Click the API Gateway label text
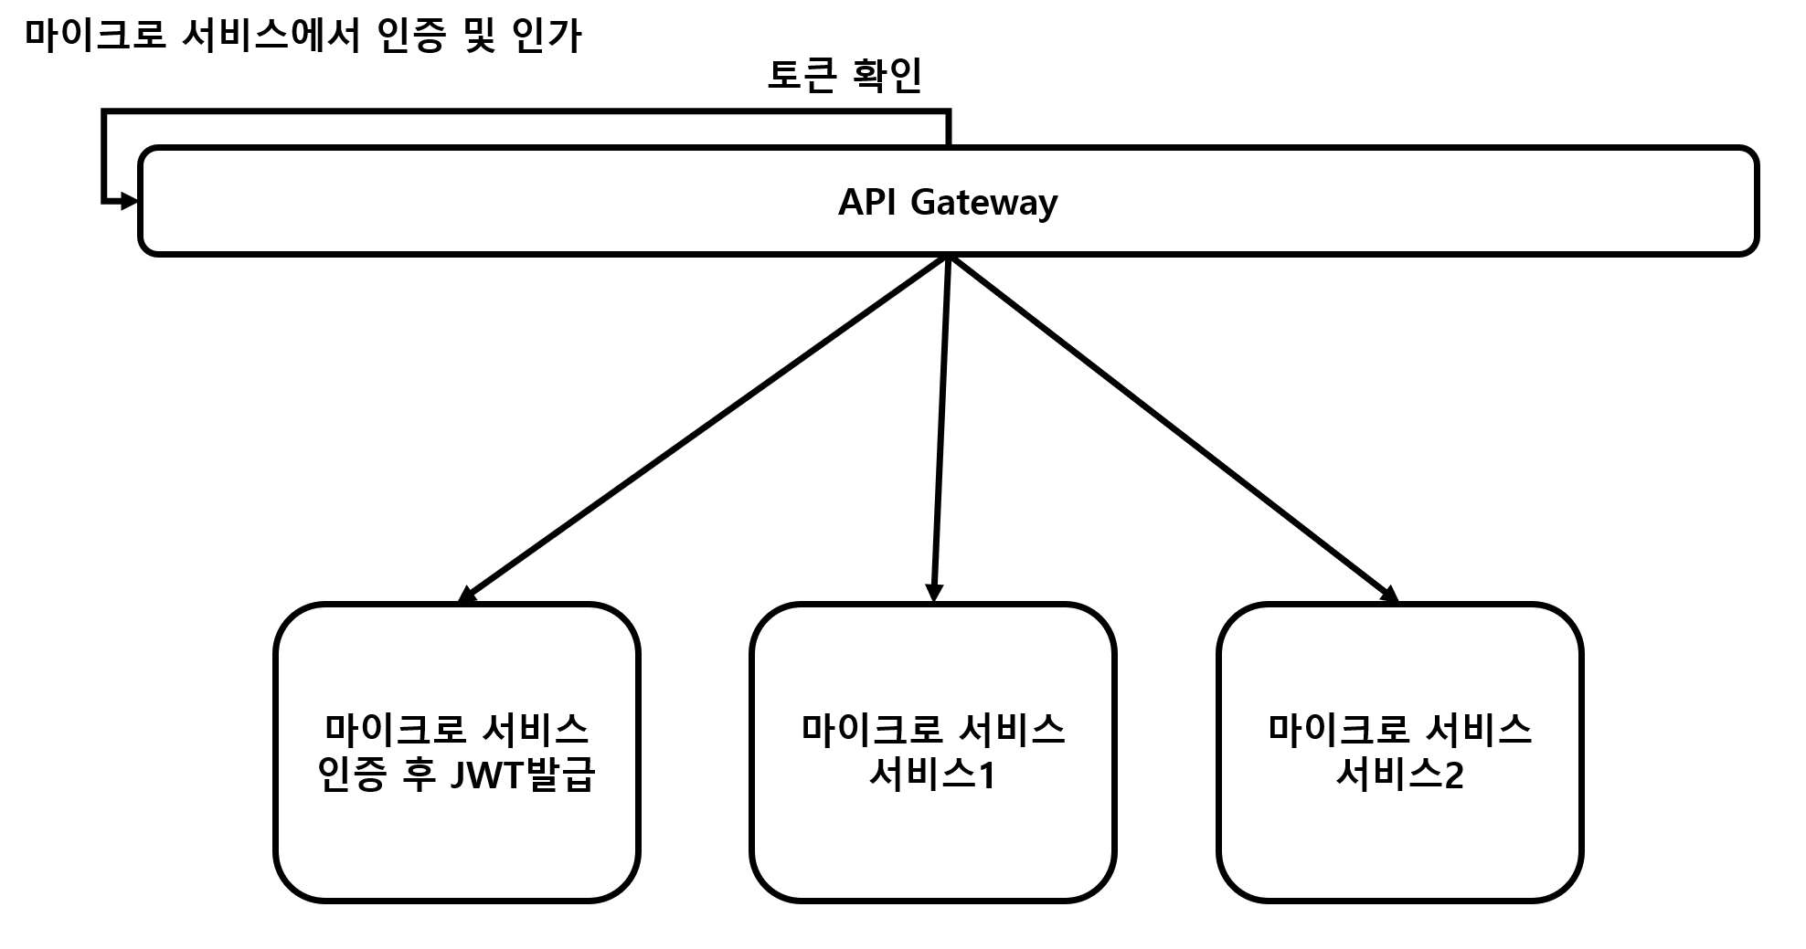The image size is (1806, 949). click(948, 202)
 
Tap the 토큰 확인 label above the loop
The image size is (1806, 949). click(845, 76)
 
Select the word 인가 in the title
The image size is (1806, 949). click(547, 37)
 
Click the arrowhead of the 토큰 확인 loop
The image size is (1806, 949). click(128, 200)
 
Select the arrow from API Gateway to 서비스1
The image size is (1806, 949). click(941, 429)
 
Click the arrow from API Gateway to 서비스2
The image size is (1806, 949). click(1174, 429)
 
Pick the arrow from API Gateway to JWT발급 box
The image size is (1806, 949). click(704, 429)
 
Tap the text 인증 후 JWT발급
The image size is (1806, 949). click(456, 775)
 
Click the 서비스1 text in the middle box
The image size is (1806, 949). click(932, 775)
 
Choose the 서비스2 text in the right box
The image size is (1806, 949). click(1399, 775)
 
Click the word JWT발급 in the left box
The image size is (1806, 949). click(524, 775)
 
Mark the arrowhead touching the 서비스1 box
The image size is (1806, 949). click(933, 594)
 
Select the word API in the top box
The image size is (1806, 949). click(867, 201)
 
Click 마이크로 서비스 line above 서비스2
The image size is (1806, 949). click(1399, 729)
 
